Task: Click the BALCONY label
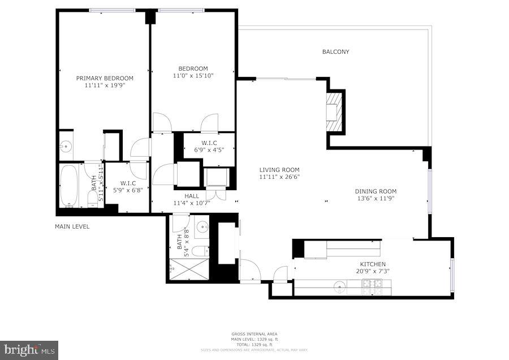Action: coord(335,52)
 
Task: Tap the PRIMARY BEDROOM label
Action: coord(105,78)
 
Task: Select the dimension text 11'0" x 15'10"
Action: coord(193,75)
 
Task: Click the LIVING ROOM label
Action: coord(279,170)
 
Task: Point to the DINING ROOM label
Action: coord(376,191)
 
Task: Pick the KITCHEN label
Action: coord(373,264)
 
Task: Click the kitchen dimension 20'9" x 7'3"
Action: coord(373,271)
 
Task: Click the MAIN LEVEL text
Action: coord(72,226)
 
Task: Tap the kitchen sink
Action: coord(339,285)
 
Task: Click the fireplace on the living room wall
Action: coord(335,112)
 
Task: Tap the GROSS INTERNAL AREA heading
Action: coord(254,334)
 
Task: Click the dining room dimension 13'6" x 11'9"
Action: coord(376,199)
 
